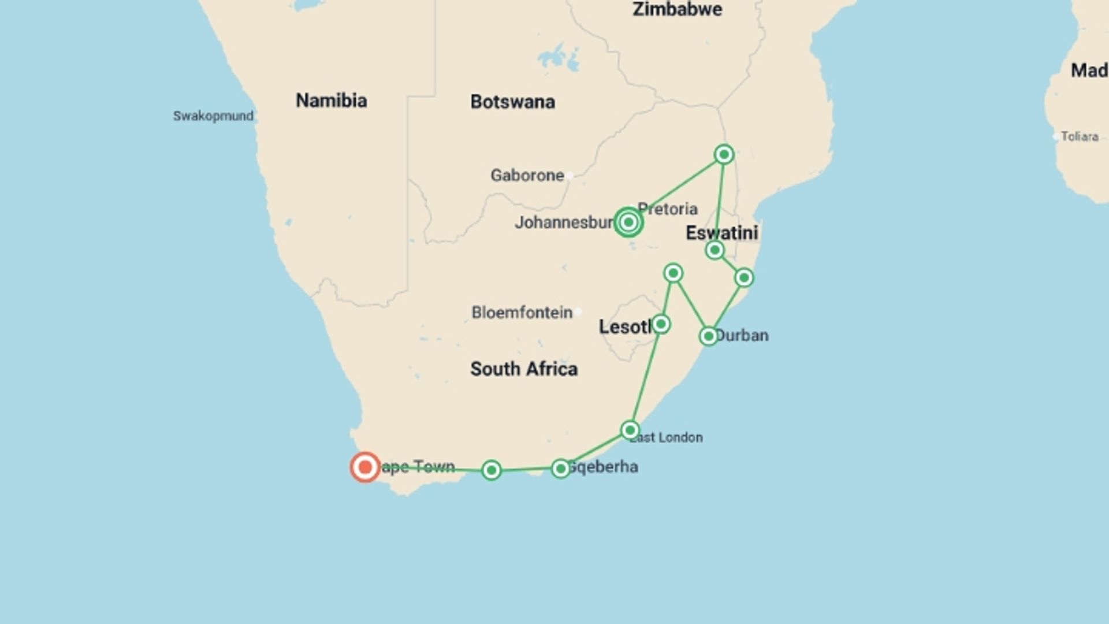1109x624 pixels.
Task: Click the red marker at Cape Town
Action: (365, 467)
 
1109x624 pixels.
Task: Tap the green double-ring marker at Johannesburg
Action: (628, 222)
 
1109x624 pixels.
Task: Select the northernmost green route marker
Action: (724, 154)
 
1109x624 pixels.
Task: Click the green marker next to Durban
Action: (709, 336)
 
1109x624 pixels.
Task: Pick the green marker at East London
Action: (630, 430)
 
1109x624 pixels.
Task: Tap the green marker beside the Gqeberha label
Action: (560, 469)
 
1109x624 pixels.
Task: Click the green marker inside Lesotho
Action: (661, 324)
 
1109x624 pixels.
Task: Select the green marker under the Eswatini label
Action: (714, 250)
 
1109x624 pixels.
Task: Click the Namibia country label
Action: (331, 101)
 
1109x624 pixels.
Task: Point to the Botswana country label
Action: (512, 102)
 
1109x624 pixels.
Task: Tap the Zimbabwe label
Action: (677, 9)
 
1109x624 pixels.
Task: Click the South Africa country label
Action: (523, 369)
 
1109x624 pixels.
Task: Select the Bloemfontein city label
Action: (522, 313)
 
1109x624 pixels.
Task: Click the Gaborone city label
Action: (527, 175)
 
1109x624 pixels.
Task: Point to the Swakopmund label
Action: (213, 116)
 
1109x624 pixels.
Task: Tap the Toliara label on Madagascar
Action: (1079, 137)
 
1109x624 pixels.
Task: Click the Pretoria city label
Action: (668, 209)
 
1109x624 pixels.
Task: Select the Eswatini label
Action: (721, 233)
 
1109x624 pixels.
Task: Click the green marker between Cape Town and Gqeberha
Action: (492, 470)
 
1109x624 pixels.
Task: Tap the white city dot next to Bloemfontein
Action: (578, 312)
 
